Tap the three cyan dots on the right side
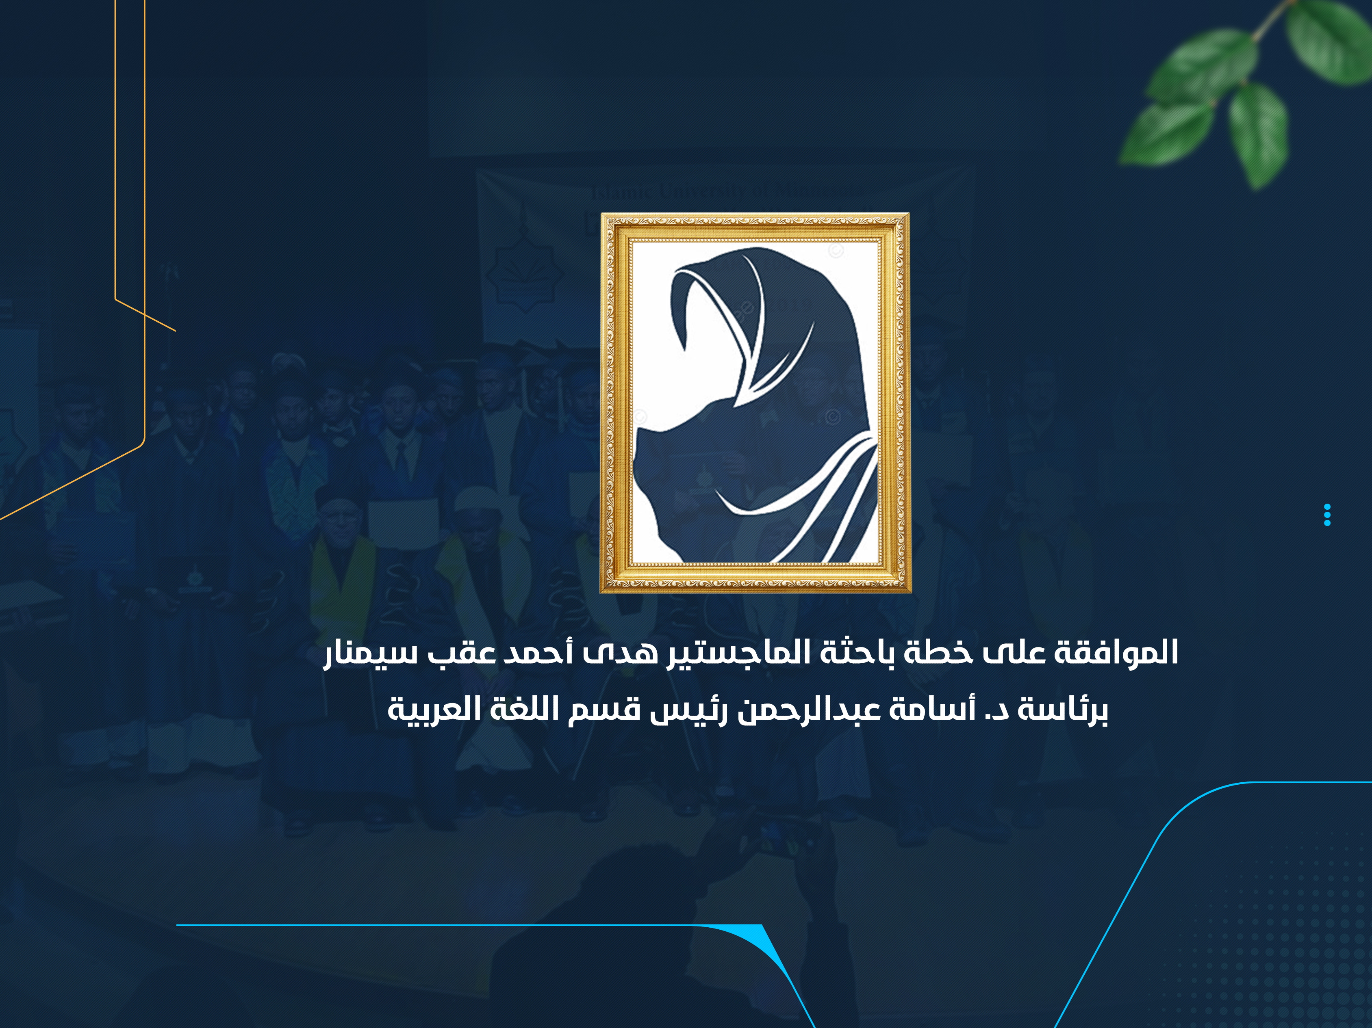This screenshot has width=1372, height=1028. click(x=1327, y=515)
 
